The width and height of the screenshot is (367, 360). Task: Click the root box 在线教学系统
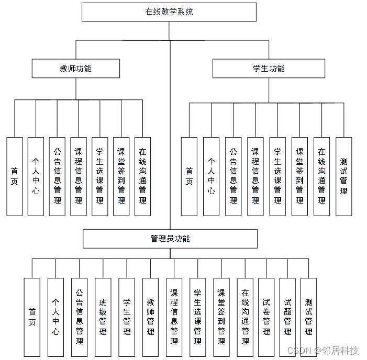point(169,12)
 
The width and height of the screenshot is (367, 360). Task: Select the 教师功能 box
point(76,69)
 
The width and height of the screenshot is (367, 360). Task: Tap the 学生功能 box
point(269,69)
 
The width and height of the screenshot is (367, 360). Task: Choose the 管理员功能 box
point(170,239)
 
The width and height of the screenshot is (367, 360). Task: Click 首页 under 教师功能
point(15,176)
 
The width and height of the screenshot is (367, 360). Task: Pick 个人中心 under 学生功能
point(211,176)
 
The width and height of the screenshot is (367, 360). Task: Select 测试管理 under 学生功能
point(343,176)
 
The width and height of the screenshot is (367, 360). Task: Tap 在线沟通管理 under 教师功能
point(142,176)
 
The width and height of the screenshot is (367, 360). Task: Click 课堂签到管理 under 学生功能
point(299,176)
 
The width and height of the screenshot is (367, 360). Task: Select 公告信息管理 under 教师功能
point(57,176)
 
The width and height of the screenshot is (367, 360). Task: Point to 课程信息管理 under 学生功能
point(255,176)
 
